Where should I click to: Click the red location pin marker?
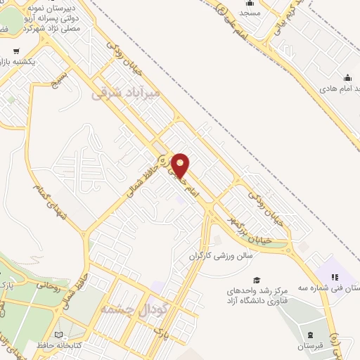[180, 165]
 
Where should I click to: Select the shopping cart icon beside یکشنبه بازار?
[16, 51]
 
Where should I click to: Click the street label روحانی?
[49, 286]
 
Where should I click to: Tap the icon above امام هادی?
[347, 78]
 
